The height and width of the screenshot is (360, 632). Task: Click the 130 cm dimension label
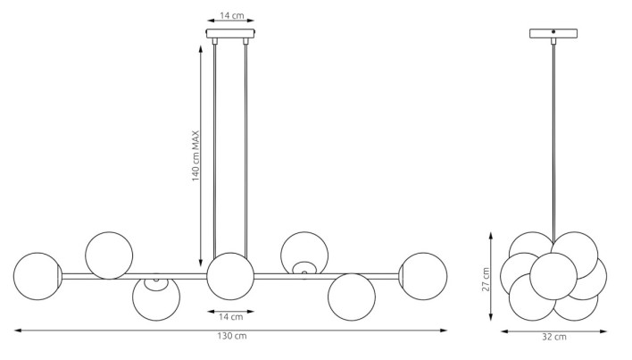pyautogui.click(x=232, y=336)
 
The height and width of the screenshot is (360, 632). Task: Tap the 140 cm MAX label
pyautogui.click(x=195, y=156)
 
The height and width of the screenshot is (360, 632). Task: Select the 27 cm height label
pyautogui.click(x=486, y=280)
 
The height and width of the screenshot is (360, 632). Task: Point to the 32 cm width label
pyautogui.click(x=554, y=337)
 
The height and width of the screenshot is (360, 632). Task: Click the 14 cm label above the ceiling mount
pyautogui.click(x=232, y=16)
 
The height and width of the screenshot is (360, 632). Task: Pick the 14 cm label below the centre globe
pyautogui.click(x=231, y=317)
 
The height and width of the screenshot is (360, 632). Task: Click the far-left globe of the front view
pyautogui.click(x=37, y=277)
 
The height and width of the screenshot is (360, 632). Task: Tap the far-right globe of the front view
pyautogui.click(x=423, y=277)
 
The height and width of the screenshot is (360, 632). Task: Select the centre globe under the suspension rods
pyautogui.click(x=230, y=277)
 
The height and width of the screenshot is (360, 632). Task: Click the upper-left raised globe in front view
pyautogui.click(x=109, y=255)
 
